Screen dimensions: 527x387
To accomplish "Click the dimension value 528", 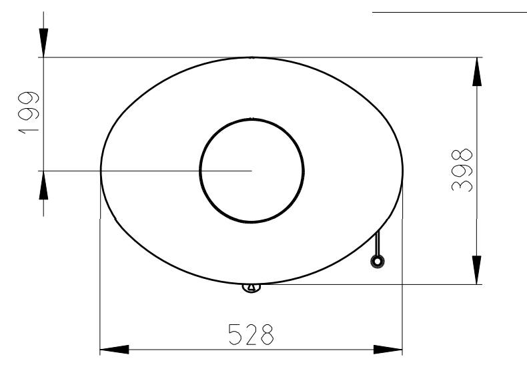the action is pos(251,334).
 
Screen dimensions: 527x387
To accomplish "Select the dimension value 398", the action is pos(462,170).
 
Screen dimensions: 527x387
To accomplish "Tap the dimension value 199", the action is pos(28,113).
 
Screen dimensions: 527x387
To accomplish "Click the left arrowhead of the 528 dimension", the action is pos(114,350).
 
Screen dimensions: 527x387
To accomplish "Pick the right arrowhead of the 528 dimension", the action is pos(388,350).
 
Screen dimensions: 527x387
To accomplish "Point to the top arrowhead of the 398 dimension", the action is pos(477,71).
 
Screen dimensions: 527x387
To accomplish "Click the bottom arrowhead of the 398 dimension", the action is pos(477,270).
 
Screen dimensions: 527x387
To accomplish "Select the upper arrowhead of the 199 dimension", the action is pos(43,43).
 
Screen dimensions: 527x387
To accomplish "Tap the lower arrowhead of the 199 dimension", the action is pos(43,185).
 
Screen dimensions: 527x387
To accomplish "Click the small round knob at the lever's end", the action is pos(378,262).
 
